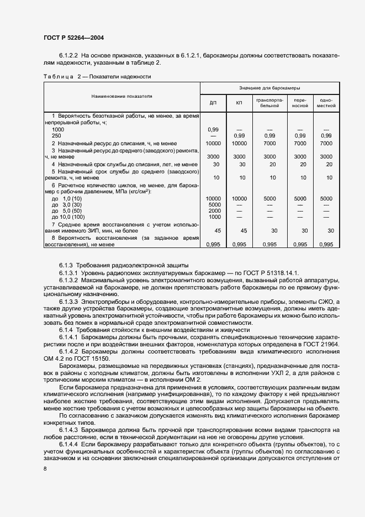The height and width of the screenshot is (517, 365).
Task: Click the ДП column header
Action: (x=213, y=103)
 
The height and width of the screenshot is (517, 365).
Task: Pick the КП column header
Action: (x=239, y=103)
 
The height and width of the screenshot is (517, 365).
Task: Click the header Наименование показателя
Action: (x=122, y=96)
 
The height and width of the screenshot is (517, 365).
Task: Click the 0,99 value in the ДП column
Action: (x=213, y=129)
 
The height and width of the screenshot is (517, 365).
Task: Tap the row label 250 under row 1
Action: (x=56, y=135)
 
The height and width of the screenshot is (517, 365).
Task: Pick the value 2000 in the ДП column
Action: (x=213, y=211)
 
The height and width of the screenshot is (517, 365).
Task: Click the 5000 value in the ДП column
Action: (x=213, y=204)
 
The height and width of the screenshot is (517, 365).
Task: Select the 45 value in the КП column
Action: (x=239, y=230)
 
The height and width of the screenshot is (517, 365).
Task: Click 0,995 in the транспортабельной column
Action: (x=269, y=244)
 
